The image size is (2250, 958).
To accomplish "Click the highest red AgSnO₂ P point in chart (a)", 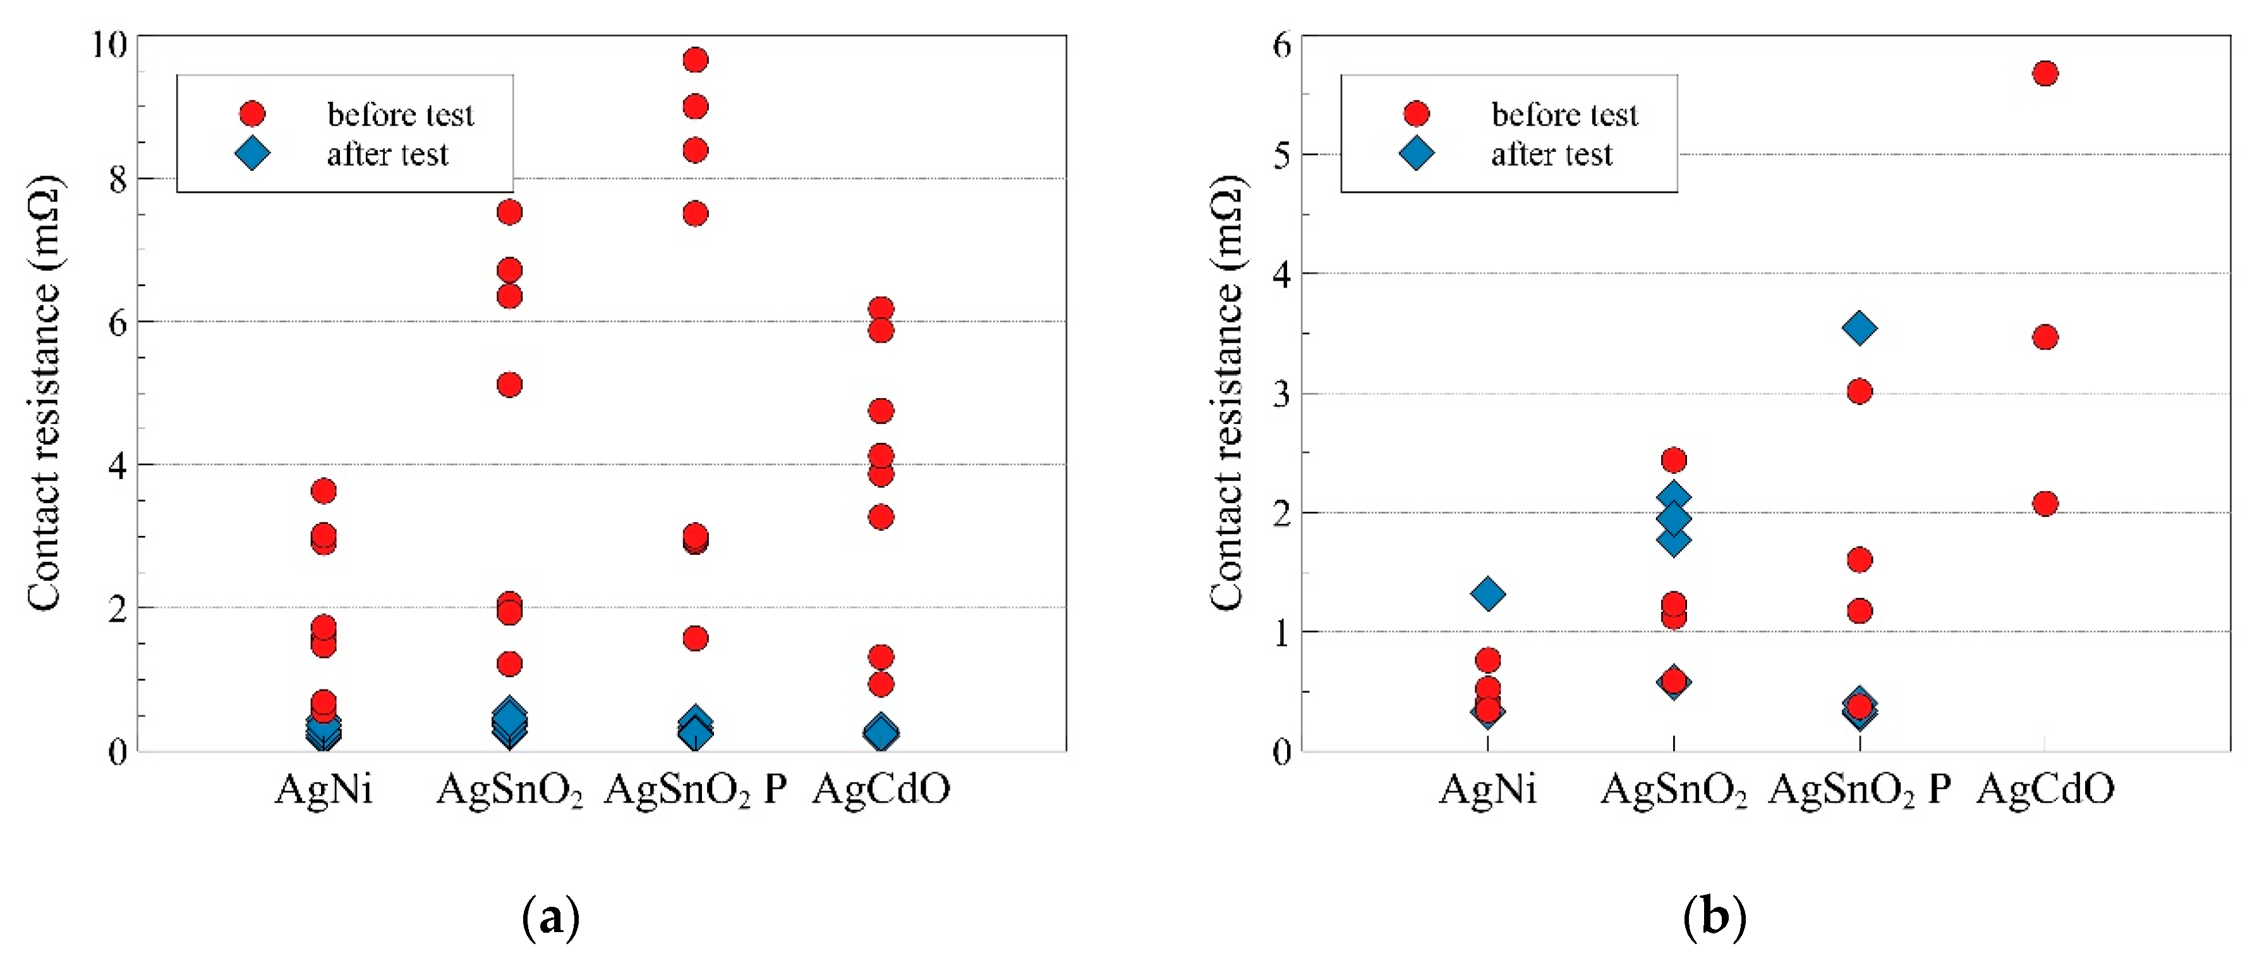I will click(x=695, y=60).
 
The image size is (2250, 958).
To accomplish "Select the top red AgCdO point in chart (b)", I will click(x=2045, y=73).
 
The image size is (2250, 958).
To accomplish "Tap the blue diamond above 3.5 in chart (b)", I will click(x=1860, y=329).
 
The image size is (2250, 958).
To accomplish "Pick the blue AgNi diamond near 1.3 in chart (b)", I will click(x=1487, y=595).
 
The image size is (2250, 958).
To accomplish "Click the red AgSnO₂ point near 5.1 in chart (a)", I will click(x=509, y=385).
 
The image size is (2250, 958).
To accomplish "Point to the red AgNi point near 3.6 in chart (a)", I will click(x=323, y=491).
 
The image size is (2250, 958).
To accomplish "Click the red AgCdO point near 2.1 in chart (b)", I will click(x=2045, y=503).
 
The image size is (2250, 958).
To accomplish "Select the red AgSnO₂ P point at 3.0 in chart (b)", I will click(x=1860, y=391).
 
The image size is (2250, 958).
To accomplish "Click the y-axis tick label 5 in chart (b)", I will click(x=1281, y=155).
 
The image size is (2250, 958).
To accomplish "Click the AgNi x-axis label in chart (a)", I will click(x=323, y=789).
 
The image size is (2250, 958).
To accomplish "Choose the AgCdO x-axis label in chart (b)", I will click(x=2045, y=789).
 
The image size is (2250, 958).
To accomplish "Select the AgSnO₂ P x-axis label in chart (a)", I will click(x=695, y=789).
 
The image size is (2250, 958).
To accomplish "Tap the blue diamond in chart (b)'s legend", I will click(x=1416, y=154).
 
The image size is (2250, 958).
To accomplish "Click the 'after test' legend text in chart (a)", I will click(x=387, y=155).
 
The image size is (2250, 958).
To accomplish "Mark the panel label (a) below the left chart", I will click(x=550, y=918).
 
